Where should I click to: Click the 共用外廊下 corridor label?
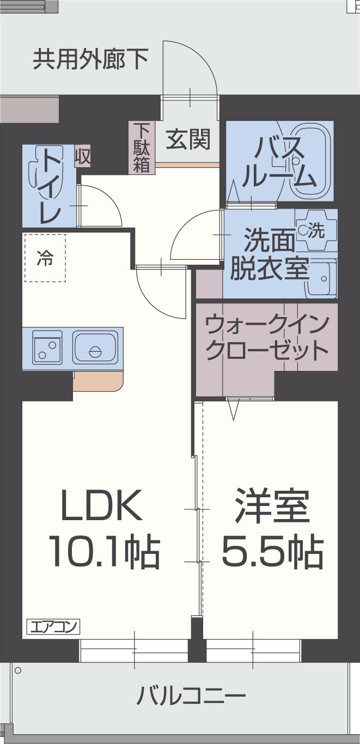click(91, 59)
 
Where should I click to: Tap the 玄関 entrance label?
click(188, 139)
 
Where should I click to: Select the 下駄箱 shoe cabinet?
click(142, 148)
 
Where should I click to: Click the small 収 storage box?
click(83, 157)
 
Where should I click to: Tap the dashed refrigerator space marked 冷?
click(45, 258)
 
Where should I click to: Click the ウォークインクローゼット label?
click(267, 337)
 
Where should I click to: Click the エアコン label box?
click(53, 626)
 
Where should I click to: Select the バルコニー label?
click(191, 696)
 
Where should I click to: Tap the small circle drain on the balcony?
click(17, 670)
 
